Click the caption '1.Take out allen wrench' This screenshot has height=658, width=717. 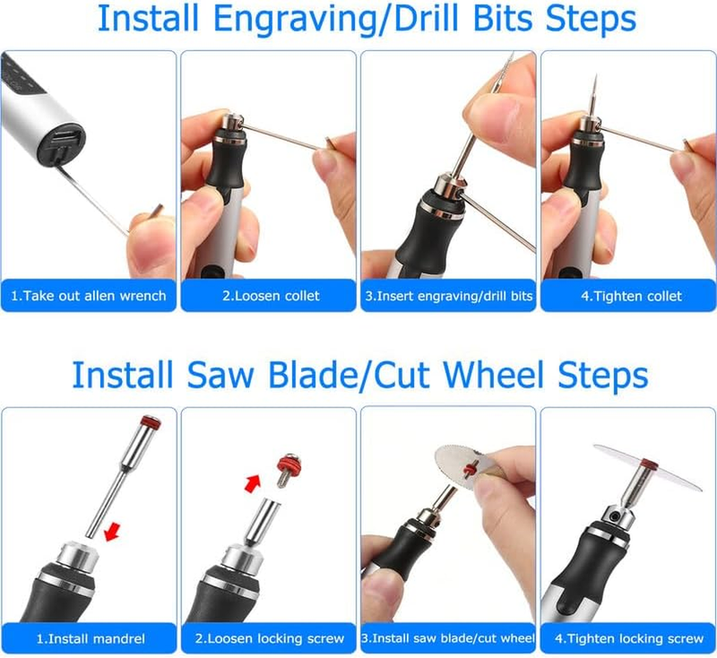coord(89,295)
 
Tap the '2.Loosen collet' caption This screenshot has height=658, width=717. coord(268,295)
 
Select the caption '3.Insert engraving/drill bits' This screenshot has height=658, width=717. coord(448,295)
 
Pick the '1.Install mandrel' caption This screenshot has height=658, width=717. coord(89,638)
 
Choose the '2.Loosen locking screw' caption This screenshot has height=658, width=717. coord(268,638)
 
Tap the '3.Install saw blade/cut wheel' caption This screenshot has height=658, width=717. coord(448,638)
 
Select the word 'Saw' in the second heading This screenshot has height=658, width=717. coord(213,373)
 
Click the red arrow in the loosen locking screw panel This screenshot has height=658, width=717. coord(254,483)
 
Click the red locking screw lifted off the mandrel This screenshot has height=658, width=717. coord(289,466)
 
